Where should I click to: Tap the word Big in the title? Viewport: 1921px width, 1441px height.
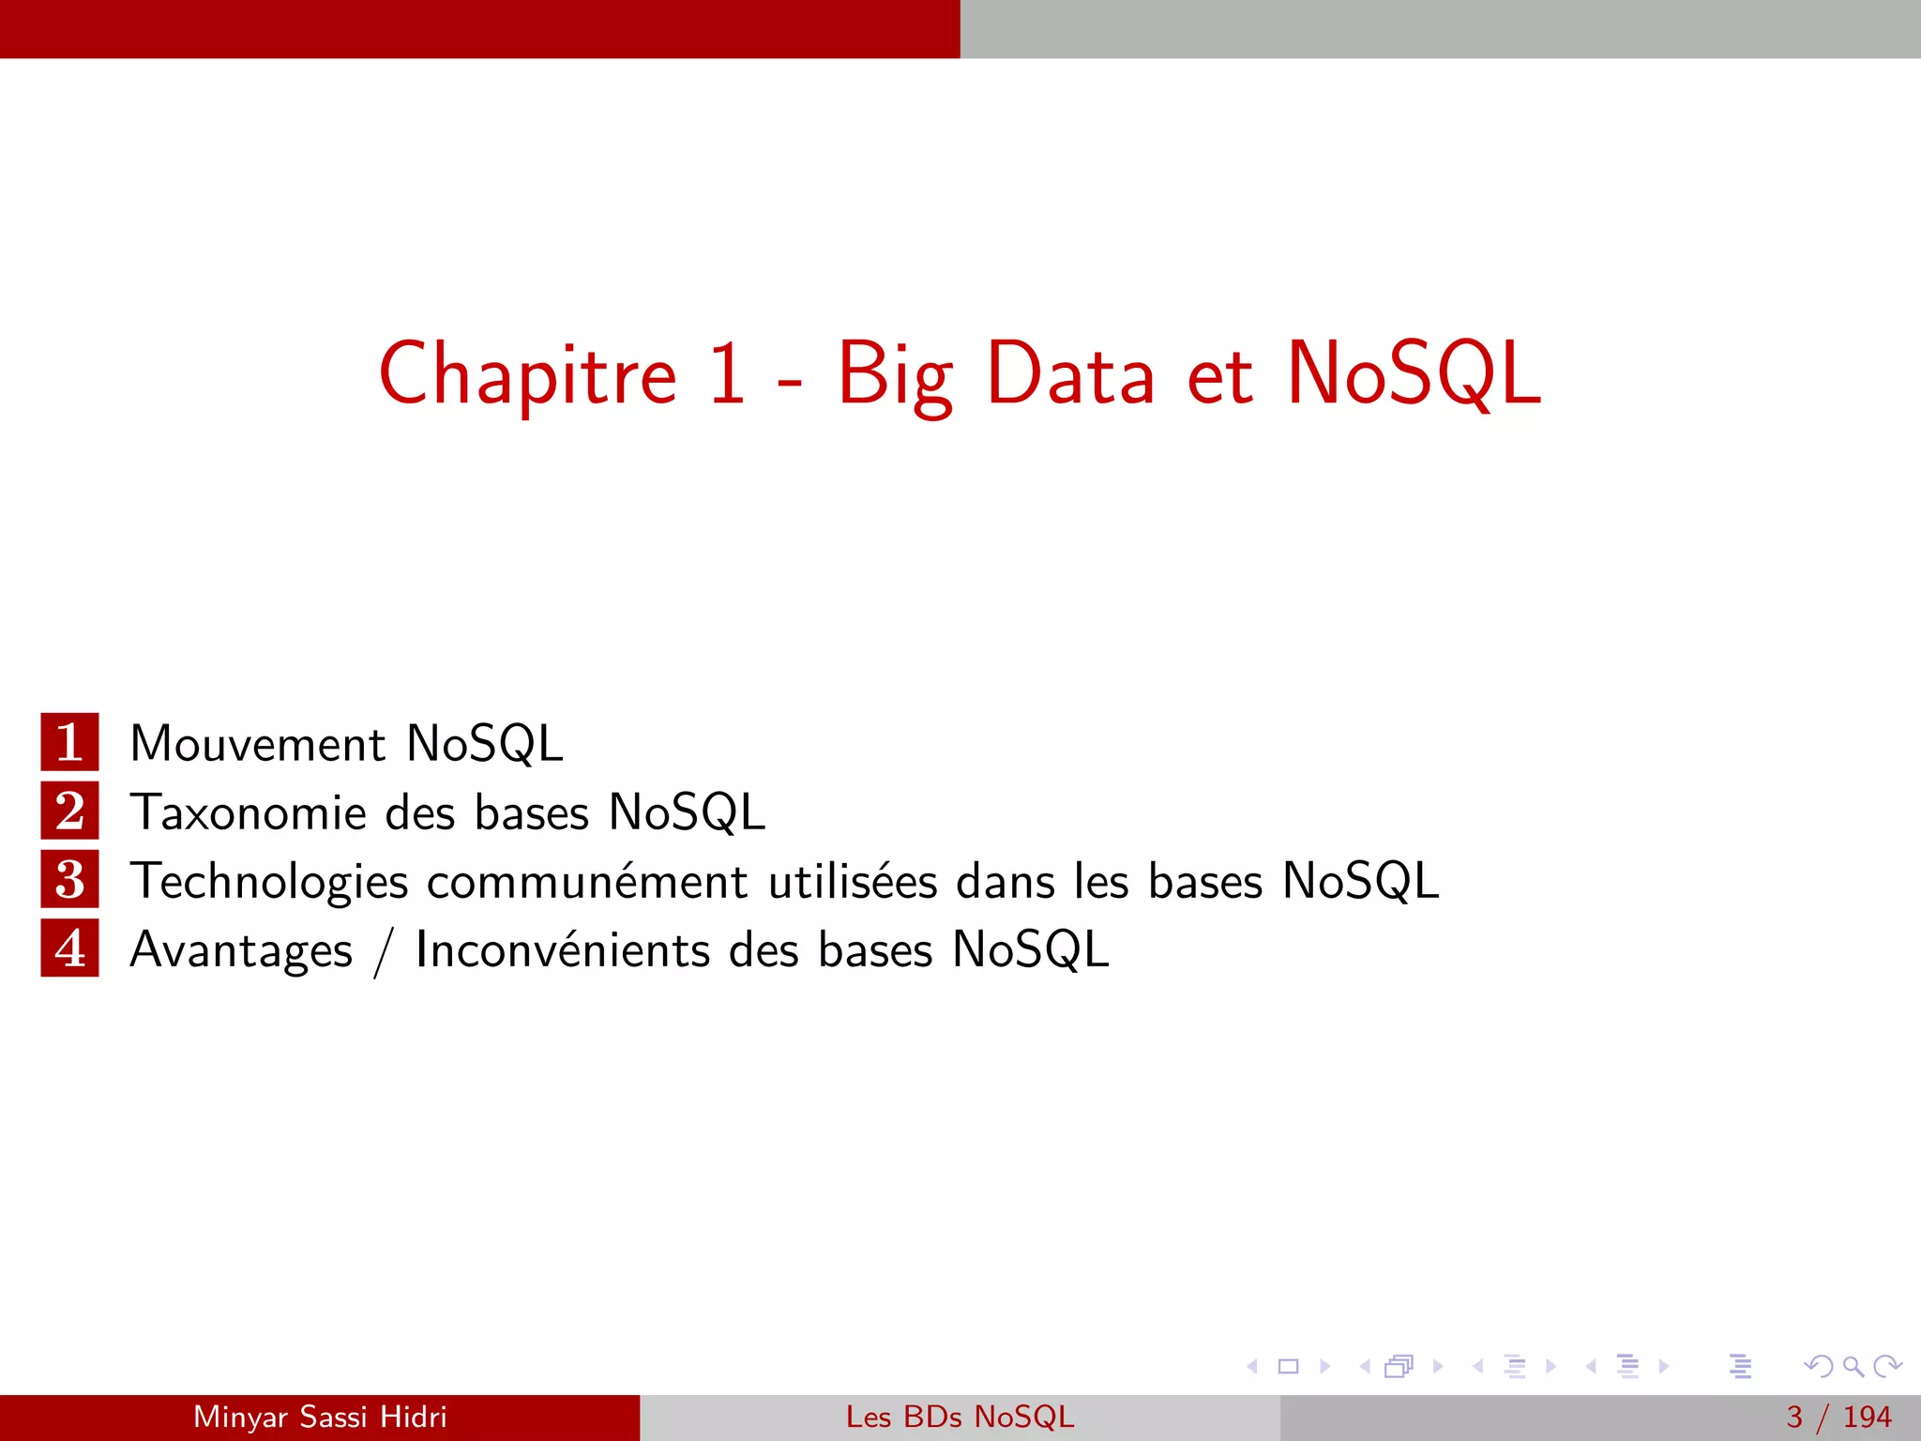click(895, 375)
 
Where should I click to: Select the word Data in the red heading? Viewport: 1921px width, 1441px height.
click(1070, 373)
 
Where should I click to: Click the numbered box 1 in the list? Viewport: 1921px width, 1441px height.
click(69, 742)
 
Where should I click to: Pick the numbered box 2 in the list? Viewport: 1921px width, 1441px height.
click(69, 811)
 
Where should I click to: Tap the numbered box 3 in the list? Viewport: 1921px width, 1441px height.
click(69, 880)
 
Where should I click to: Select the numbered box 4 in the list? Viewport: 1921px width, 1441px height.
click(69, 948)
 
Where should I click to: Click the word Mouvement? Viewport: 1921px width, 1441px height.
click(257, 744)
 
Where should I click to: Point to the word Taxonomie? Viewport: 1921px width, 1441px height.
click(248, 812)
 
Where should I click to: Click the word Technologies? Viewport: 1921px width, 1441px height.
click(269, 883)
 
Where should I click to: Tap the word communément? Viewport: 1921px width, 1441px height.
click(587, 882)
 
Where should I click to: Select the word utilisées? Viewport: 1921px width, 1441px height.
click(853, 881)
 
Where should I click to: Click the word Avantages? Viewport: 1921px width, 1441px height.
click(241, 951)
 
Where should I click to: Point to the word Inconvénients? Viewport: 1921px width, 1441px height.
click(562, 949)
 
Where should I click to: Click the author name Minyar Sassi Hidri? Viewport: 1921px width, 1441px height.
click(320, 1417)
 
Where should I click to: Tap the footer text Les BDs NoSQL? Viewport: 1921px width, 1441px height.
click(960, 1417)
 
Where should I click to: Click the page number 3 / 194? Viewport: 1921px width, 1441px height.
click(1838, 1417)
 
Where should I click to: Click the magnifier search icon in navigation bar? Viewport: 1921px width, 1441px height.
click(1853, 1366)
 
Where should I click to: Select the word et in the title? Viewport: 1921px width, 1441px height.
click(1219, 375)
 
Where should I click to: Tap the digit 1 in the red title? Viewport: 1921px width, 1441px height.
click(728, 373)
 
